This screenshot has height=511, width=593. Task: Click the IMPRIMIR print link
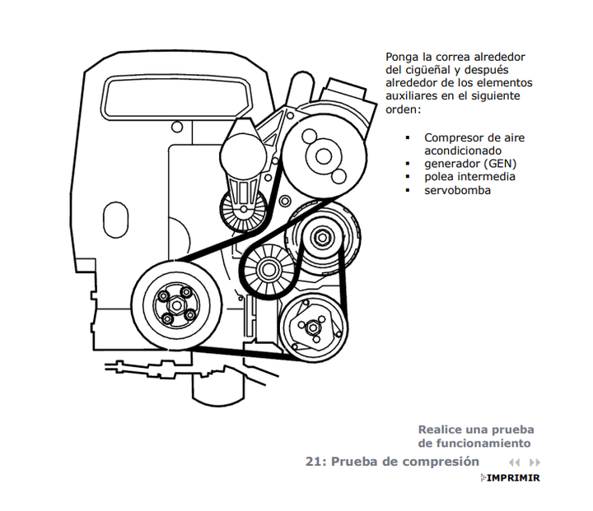(x=512, y=478)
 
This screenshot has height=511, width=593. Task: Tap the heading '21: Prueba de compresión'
(x=392, y=462)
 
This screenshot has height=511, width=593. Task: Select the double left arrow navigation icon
(x=515, y=462)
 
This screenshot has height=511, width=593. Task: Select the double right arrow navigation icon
(x=535, y=462)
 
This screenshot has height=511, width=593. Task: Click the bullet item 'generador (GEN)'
(x=470, y=164)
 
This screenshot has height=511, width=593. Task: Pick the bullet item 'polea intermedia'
(x=469, y=177)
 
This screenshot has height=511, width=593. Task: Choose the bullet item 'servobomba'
(x=458, y=190)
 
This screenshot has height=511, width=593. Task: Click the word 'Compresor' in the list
(x=454, y=137)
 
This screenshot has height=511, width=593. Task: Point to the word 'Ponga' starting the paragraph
(x=403, y=58)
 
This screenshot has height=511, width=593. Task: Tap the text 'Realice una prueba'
(x=476, y=430)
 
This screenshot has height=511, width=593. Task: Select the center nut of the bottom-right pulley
(x=314, y=328)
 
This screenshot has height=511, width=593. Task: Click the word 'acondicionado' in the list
(x=463, y=151)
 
